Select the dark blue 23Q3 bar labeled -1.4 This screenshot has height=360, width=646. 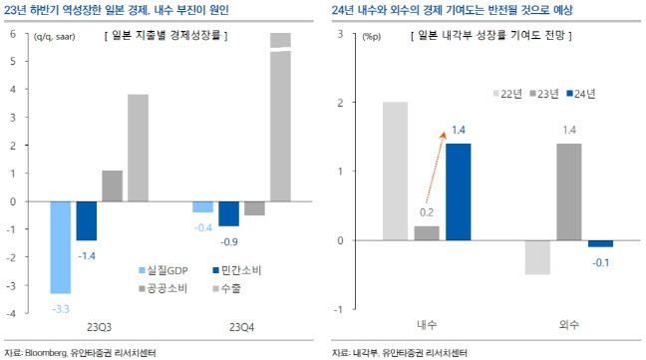[87, 220]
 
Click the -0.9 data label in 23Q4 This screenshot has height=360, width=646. [229, 242]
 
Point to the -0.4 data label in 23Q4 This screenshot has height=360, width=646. [202, 228]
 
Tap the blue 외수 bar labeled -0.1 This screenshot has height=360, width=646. [600, 244]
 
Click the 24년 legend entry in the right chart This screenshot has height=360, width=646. [582, 94]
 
